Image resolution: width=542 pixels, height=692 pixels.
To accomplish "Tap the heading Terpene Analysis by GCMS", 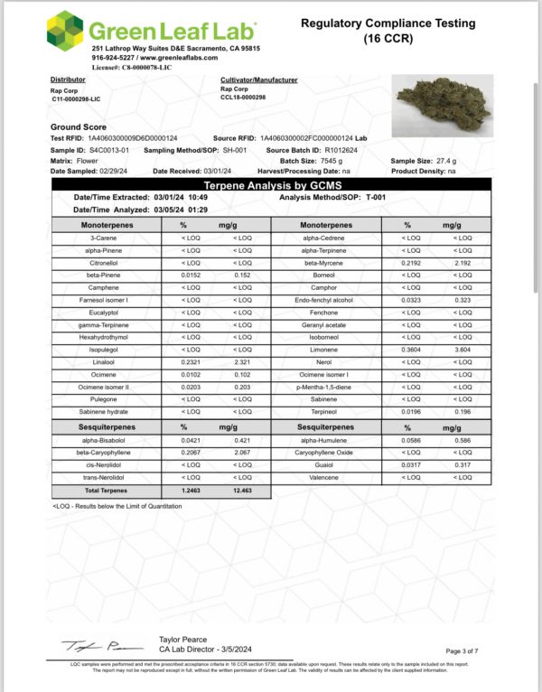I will [270, 183].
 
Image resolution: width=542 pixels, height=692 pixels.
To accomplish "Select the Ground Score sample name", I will [77, 127].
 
